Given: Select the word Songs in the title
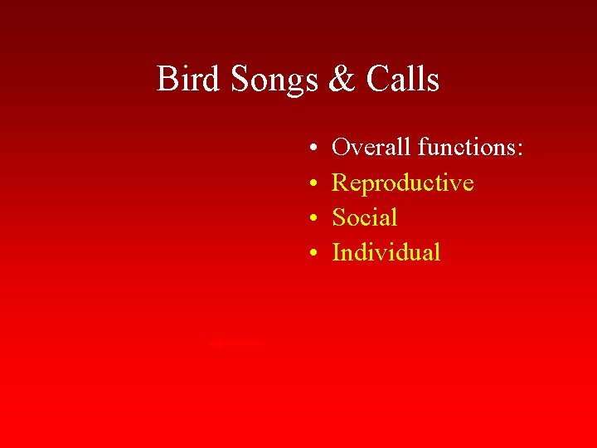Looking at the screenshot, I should [274, 80].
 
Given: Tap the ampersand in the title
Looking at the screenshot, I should [341, 80].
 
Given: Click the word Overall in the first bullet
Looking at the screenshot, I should [371, 148].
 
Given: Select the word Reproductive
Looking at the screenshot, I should [403, 183].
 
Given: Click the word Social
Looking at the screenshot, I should [365, 217].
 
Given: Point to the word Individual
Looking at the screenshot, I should [386, 252].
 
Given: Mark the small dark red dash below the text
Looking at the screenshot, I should [238, 342].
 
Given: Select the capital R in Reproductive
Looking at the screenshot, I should [340, 183].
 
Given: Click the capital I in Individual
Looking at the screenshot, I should [336, 252].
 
